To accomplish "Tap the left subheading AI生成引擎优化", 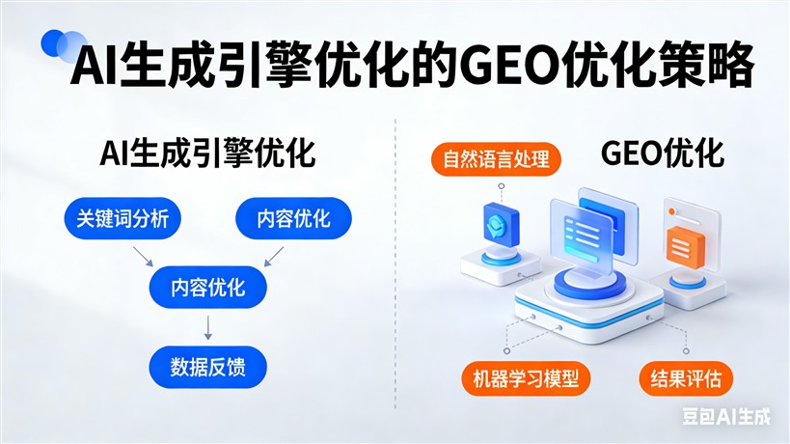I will [x=208, y=154].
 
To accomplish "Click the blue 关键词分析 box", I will [x=123, y=219].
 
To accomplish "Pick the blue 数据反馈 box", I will [x=206, y=368].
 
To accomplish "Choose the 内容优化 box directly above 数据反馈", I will [x=207, y=288].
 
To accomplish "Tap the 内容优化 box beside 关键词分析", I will [x=293, y=219].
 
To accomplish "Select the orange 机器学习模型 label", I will [x=525, y=377].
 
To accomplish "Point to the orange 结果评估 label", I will [x=684, y=377].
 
